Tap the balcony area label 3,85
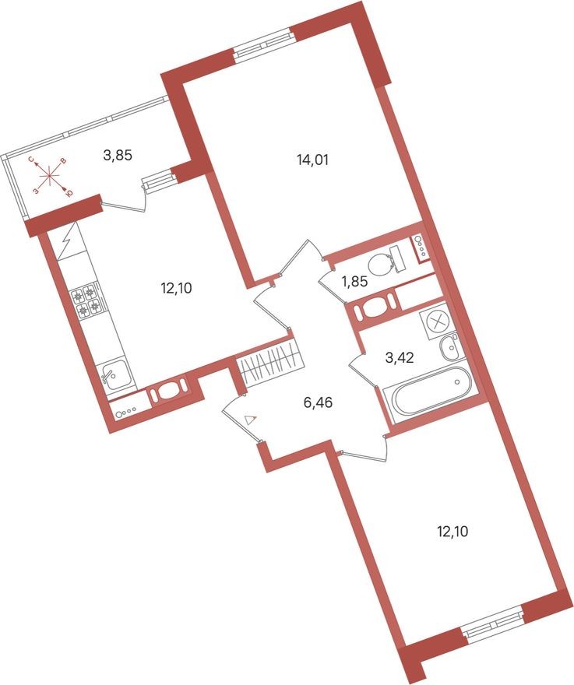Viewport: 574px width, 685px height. pos(118,155)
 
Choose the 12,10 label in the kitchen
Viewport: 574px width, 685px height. pos(176,287)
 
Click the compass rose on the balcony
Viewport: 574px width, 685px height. pos(50,176)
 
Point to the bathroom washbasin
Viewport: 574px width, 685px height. pos(450,346)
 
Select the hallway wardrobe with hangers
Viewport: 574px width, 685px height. pos(269,363)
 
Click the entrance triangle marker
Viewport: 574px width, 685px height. pos(249,420)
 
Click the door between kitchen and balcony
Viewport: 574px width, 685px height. pos(125,204)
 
